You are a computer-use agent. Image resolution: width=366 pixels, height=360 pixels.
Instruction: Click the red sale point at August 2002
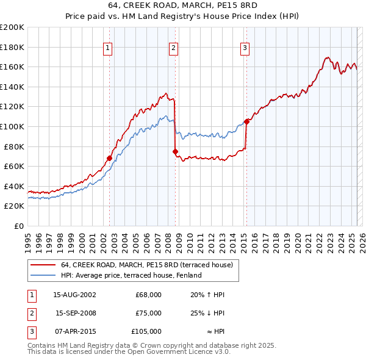click(x=110, y=158)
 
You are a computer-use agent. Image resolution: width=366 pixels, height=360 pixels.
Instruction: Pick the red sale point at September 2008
click(x=175, y=151)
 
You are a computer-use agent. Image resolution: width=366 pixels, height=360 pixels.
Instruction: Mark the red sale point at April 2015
click(x=246, y=121)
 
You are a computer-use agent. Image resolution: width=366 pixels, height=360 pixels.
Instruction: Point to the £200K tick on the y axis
click(x=12, y=27)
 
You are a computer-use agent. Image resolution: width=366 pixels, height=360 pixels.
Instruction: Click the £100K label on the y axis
click(x=12, y=126)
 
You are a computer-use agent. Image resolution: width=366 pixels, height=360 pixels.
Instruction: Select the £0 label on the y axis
click(x=18, y=226)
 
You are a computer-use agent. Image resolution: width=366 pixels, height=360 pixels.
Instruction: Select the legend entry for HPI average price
click(x=117, y=275)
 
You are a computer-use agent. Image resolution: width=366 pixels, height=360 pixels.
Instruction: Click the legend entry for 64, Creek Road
click(x=146, y=265)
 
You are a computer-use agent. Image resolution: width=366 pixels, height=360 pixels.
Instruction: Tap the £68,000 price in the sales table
click(x=148, y=295)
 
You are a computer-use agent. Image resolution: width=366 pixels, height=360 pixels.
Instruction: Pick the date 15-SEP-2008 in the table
click(x=75, y=313)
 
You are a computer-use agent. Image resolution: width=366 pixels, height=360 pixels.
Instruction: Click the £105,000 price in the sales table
click(x=146, y=331)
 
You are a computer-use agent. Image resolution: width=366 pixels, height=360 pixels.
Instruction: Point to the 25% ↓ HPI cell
click(x=207, y=313)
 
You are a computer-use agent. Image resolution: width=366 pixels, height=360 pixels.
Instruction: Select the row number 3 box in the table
click(x=31, y=331)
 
